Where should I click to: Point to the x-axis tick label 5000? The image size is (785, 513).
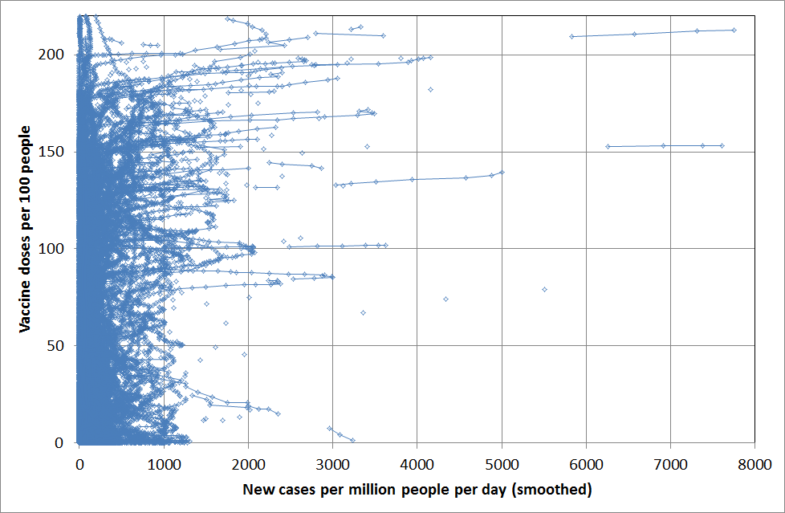point(502,463)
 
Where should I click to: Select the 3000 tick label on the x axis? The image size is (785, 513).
point(332,463)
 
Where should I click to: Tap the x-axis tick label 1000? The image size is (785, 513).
point(164,463)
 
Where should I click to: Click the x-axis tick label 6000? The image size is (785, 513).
point(586,463)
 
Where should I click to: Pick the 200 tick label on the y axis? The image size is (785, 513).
point(55,55)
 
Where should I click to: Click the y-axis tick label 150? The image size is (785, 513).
point(55,152)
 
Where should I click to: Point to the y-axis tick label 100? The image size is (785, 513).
point(55,249)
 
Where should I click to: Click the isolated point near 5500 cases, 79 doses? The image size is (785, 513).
point(544,289)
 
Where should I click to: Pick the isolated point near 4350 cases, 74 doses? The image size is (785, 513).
point(446,299)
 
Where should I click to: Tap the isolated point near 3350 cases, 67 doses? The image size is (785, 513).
point(363,312)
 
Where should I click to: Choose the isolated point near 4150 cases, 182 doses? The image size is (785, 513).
point(430,89)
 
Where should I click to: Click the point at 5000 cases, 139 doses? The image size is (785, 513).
point(502,172)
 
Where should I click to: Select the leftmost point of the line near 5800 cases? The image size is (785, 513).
point(571,36)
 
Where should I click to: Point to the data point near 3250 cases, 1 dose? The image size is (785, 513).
point(352,440)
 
